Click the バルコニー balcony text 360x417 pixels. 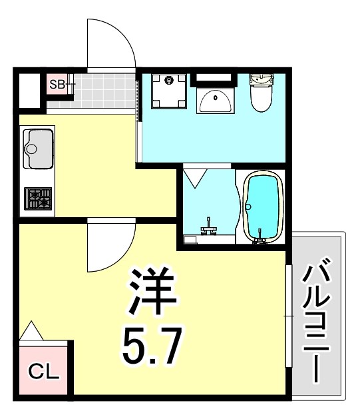point(317,320)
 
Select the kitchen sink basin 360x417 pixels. point(39,148)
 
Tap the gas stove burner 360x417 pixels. point(38,198)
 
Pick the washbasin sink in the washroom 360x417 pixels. point(215,101)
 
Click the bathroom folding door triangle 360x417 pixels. point(194,178)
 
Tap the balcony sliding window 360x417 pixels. point(288,314)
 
